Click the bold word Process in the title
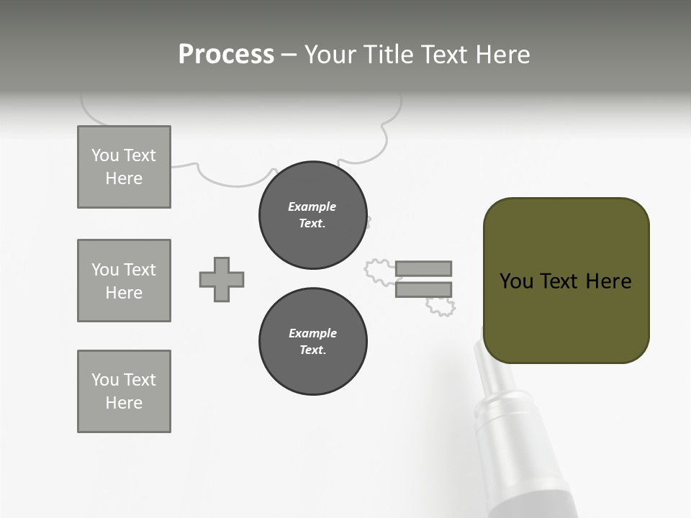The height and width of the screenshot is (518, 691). (x=226, y=55)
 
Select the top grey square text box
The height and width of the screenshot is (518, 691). (x=124, y=167)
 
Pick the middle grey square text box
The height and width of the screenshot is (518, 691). (x=124, y=281)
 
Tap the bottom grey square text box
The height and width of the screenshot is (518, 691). (x=124, y=391)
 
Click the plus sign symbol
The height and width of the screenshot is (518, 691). (x=222, y=279)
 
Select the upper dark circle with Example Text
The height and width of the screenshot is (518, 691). (x=312, y=215)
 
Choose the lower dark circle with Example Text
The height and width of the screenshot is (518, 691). (x=312, y=342)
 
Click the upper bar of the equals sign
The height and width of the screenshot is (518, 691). (x=423, y=268)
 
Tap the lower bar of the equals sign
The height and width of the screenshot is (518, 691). (x=423, y=290)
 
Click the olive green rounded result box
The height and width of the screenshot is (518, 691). (x=566, y=281)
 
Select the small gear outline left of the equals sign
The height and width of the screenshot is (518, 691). (x=379, y=270)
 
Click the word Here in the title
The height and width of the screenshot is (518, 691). (x=502, y=55)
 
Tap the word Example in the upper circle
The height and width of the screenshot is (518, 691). (x=312, y=206)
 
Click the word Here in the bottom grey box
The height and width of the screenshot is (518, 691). (x=124, y=403)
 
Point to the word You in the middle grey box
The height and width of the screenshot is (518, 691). (x=104, y=270)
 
